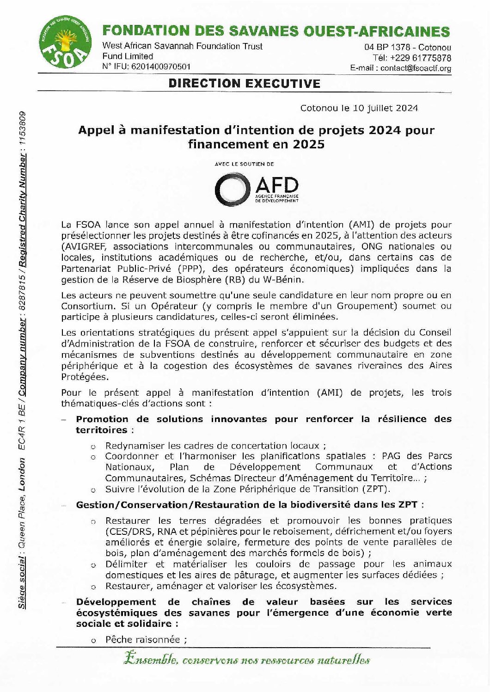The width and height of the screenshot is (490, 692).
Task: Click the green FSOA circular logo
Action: [x=64, y=43]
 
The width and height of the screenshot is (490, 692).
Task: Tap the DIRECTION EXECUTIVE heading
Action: [x=244, y=84]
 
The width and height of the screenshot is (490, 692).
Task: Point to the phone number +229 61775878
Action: [x=421, y=58]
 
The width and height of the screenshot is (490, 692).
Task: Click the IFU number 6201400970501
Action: [x=161, y=67]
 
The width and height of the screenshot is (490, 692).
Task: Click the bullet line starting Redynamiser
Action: [x=215, y=446]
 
